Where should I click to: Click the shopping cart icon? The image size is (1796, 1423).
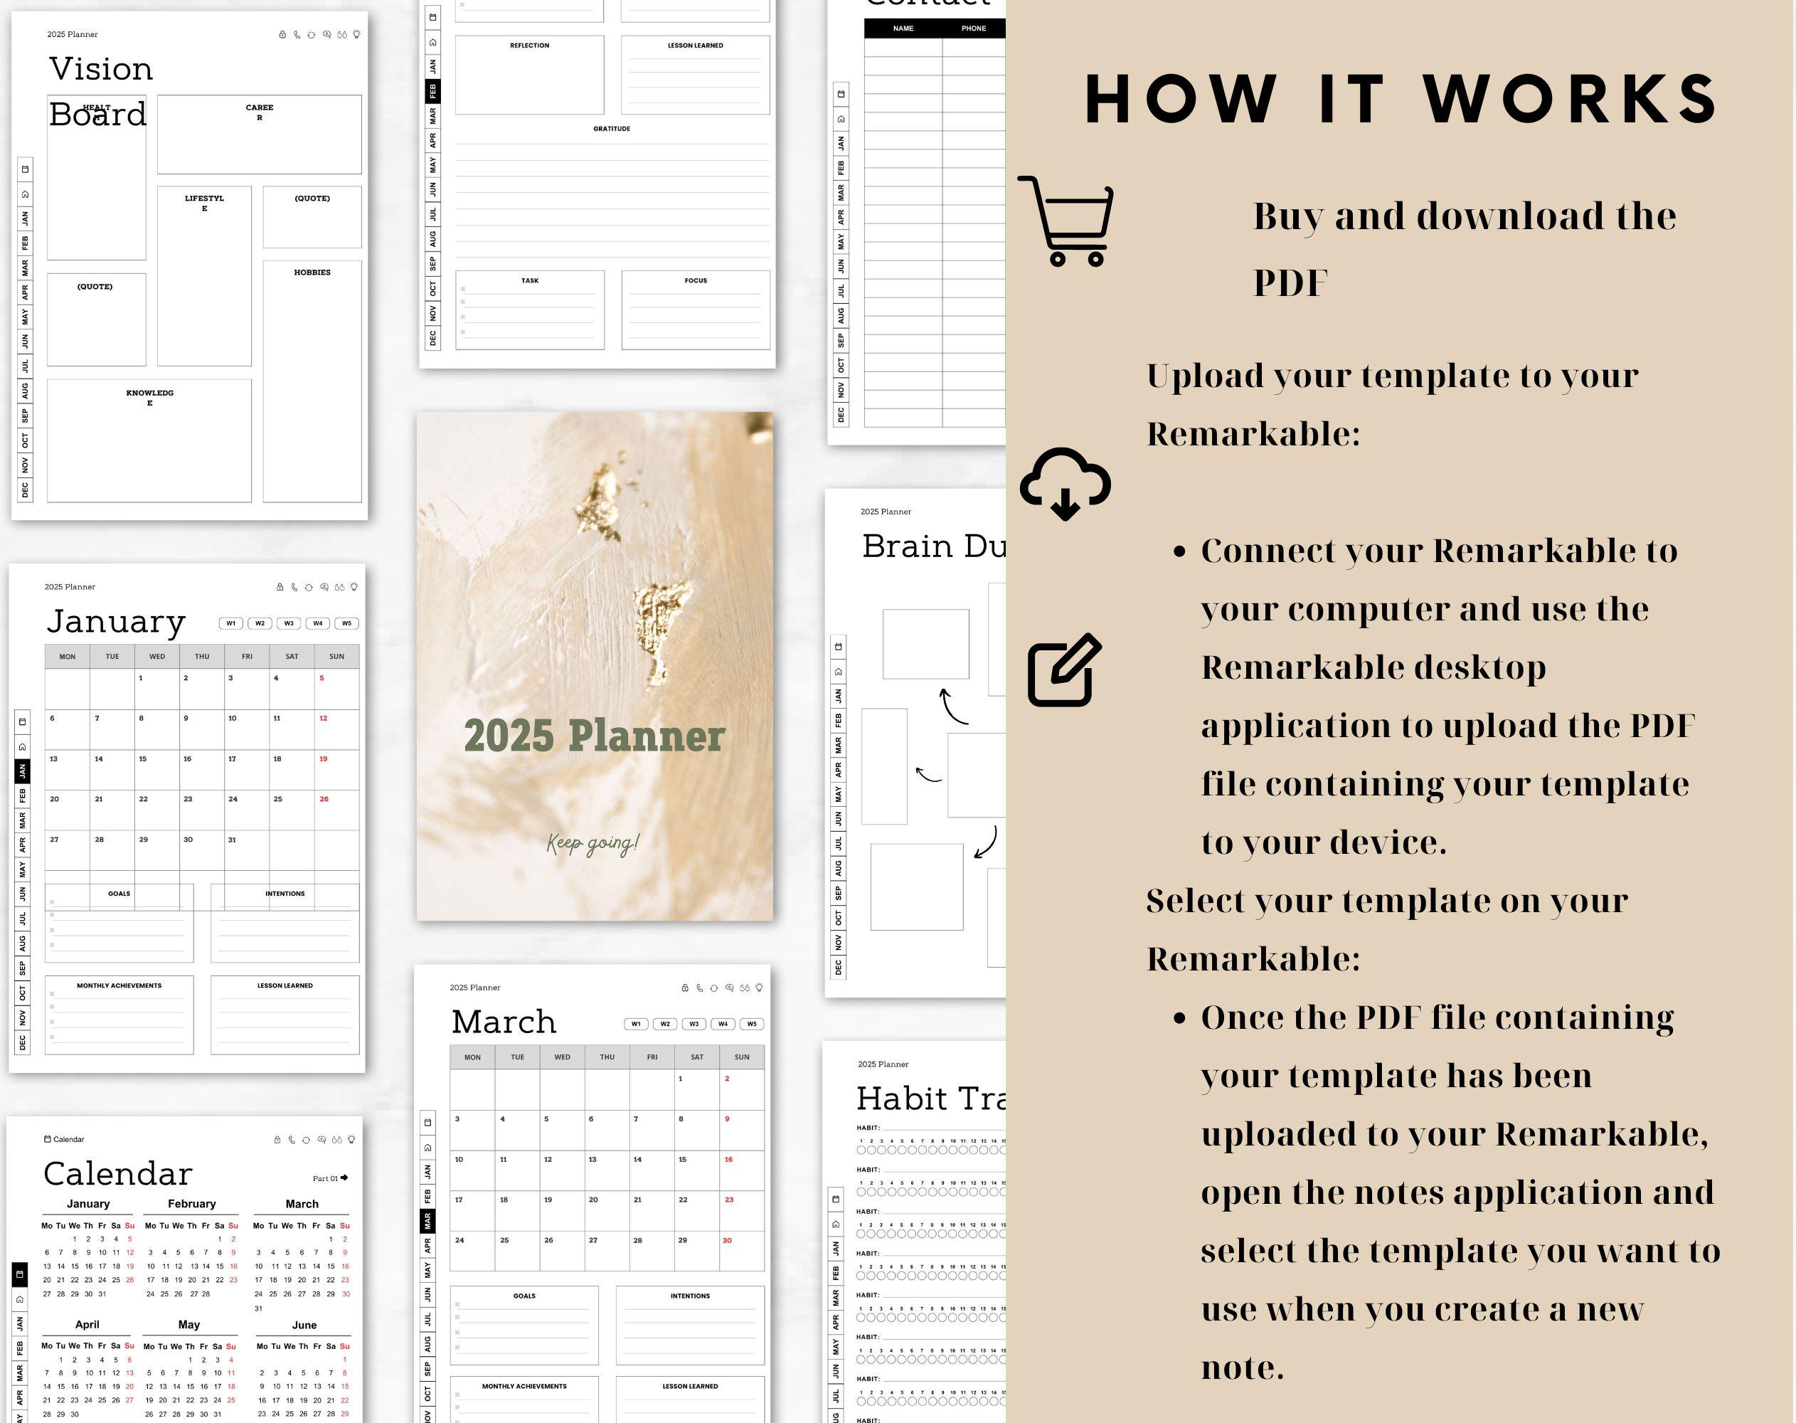1066,221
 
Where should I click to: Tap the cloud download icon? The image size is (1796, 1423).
1065,483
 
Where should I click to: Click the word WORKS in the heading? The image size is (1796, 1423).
1571,100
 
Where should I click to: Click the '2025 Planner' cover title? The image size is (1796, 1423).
594,736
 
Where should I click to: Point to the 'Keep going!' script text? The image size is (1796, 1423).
593,843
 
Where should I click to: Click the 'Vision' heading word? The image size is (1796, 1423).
101,69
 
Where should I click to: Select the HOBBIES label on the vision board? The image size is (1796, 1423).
312,273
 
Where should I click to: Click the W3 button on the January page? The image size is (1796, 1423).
289,623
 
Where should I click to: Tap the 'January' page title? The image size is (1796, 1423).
116,622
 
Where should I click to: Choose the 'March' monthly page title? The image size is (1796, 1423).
503,1022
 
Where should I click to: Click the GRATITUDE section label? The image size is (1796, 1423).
612,129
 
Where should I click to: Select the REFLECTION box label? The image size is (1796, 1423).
530,46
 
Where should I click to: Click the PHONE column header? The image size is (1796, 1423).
973,28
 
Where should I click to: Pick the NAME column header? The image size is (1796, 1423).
903,28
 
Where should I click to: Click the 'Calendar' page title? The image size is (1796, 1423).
117,1174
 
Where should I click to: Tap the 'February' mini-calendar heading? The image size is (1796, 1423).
191,1204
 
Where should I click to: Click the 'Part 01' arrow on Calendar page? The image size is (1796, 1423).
344,1178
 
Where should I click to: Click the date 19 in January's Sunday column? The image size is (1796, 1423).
323,759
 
